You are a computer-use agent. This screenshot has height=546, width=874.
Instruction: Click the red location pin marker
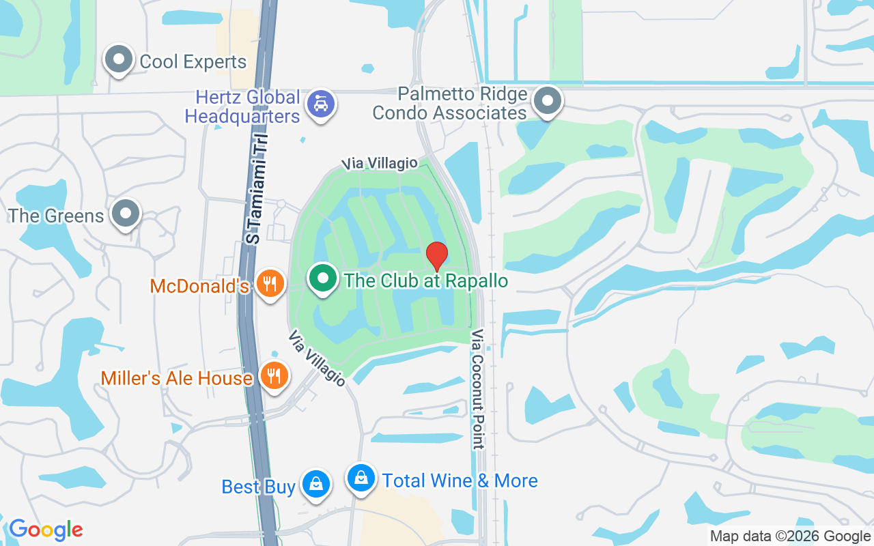pos(437,256)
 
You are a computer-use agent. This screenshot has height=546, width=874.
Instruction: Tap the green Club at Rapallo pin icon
pos(323,278)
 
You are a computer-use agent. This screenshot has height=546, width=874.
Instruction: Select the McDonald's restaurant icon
pos(271,283)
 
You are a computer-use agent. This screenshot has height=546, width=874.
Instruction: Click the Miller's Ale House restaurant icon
pos(274,375)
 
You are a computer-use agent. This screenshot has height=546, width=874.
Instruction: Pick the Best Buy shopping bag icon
pos(315,484)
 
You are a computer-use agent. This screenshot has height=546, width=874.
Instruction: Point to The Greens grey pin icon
pos(126,213)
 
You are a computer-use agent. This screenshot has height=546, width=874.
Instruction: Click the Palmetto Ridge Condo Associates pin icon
pos(547,101)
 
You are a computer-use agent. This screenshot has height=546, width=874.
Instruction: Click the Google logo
pos(46,530)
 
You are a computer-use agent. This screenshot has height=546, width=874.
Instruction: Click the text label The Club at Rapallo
pos(426,281)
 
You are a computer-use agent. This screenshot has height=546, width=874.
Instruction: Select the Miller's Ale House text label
pos(177,378)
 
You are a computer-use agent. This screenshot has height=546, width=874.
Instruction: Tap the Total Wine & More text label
pos(460,480)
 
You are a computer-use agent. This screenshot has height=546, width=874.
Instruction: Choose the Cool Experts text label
pos(193,61)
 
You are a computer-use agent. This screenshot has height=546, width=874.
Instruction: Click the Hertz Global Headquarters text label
pos(243,106)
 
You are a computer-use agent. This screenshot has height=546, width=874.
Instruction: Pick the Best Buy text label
pos(259,487)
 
